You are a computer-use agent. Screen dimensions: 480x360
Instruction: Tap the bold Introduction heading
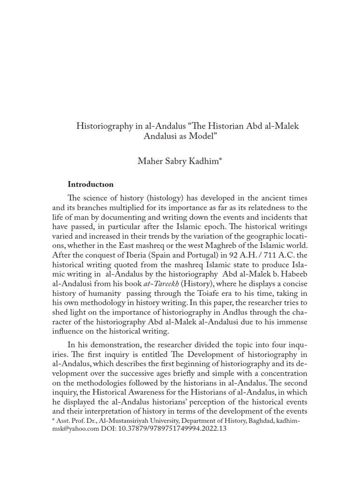pyautogui.click(x=90, y=184)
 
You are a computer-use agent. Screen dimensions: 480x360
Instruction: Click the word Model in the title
pyautogui.click(x=203, y=137)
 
